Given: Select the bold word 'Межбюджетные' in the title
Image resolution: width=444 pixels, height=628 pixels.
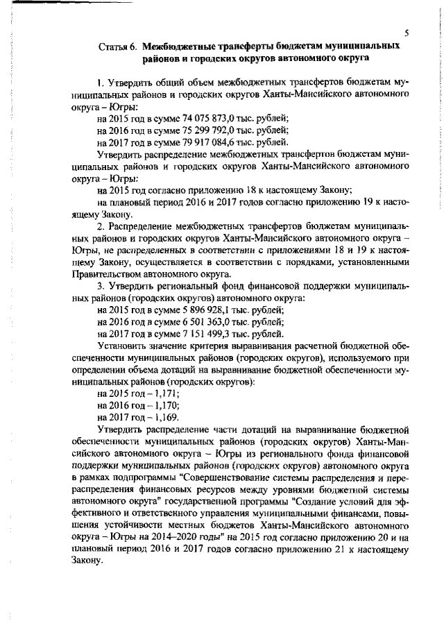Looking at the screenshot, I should point(179,46).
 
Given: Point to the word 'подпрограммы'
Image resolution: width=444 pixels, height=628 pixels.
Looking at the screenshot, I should point(140,479).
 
